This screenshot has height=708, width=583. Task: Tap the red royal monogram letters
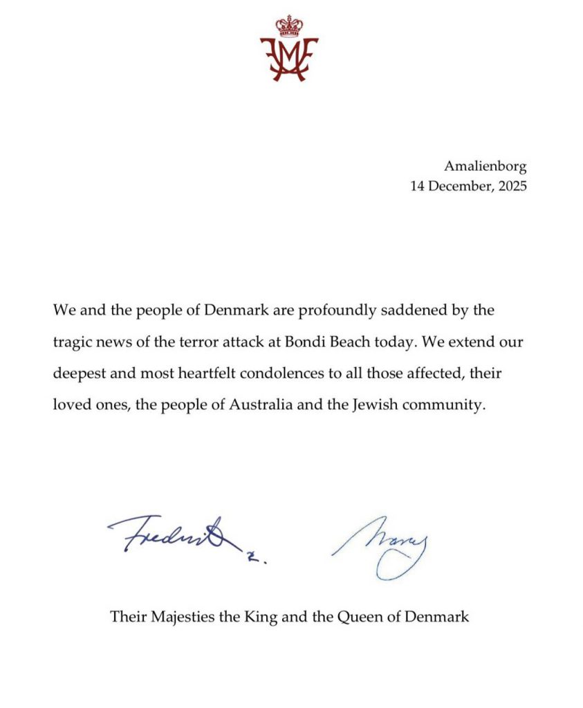click(x=289, y=59)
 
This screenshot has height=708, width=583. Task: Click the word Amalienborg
click(x=485, y=166)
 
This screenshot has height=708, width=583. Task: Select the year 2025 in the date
click(x=510, y=186)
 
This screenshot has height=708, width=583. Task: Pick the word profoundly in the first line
click(x=332, y=309)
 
